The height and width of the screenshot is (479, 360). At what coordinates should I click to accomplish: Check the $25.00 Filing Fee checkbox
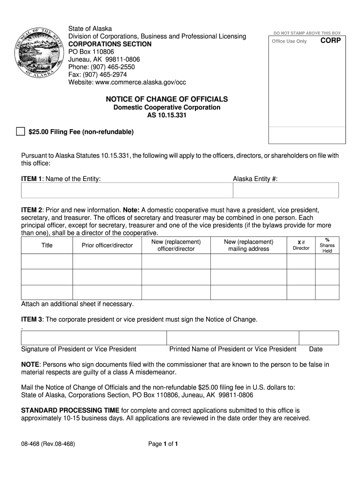[20, 131]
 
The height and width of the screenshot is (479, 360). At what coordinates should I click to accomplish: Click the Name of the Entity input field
[127, 190]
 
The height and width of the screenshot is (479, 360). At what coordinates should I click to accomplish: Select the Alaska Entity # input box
[286, 190]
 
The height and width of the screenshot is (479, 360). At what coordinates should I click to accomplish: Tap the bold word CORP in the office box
[331, 41]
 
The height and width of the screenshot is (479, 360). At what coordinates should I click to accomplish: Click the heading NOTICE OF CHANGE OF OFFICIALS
[167, 99]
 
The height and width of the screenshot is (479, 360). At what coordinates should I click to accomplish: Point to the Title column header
[47, 245]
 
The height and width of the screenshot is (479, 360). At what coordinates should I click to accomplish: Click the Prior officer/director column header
[107, 245]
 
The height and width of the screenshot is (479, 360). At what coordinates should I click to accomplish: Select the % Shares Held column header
[327, 245]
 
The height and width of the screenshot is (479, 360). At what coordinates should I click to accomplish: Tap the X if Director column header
[301, 245]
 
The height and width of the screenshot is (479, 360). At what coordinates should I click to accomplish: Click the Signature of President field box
[94, 338]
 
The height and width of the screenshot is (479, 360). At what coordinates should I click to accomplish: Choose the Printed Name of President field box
[233, 338]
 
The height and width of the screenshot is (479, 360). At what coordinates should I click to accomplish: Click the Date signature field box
[319, 338]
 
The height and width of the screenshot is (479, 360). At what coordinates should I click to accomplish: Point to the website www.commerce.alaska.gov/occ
[140, 82]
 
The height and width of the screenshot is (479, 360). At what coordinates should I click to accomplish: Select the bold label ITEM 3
[32, 319]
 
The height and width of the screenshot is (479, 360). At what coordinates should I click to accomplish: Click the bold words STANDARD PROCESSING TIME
[70, 410]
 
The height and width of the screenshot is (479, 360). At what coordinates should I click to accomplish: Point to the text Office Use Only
[289, 41]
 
